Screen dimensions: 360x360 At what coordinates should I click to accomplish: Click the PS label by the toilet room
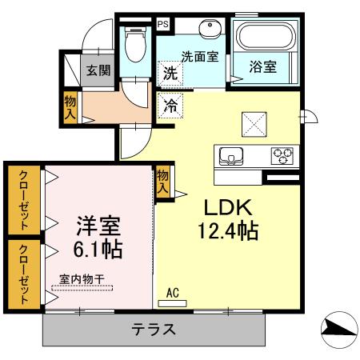163,23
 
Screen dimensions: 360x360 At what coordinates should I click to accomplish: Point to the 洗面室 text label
200,57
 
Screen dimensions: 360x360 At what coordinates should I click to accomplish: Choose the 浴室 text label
263,67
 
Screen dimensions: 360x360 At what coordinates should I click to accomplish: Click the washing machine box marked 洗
170,73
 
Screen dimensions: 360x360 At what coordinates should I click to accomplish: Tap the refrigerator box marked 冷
170,105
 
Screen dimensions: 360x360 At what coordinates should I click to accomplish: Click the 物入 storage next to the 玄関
70,107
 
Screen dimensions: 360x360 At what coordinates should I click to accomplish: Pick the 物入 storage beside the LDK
162,181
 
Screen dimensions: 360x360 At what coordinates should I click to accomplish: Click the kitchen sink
231,155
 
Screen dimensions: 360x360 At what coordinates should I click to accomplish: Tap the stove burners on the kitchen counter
282,154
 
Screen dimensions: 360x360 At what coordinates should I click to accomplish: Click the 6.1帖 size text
99,249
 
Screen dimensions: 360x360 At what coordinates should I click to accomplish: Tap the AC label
172,294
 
